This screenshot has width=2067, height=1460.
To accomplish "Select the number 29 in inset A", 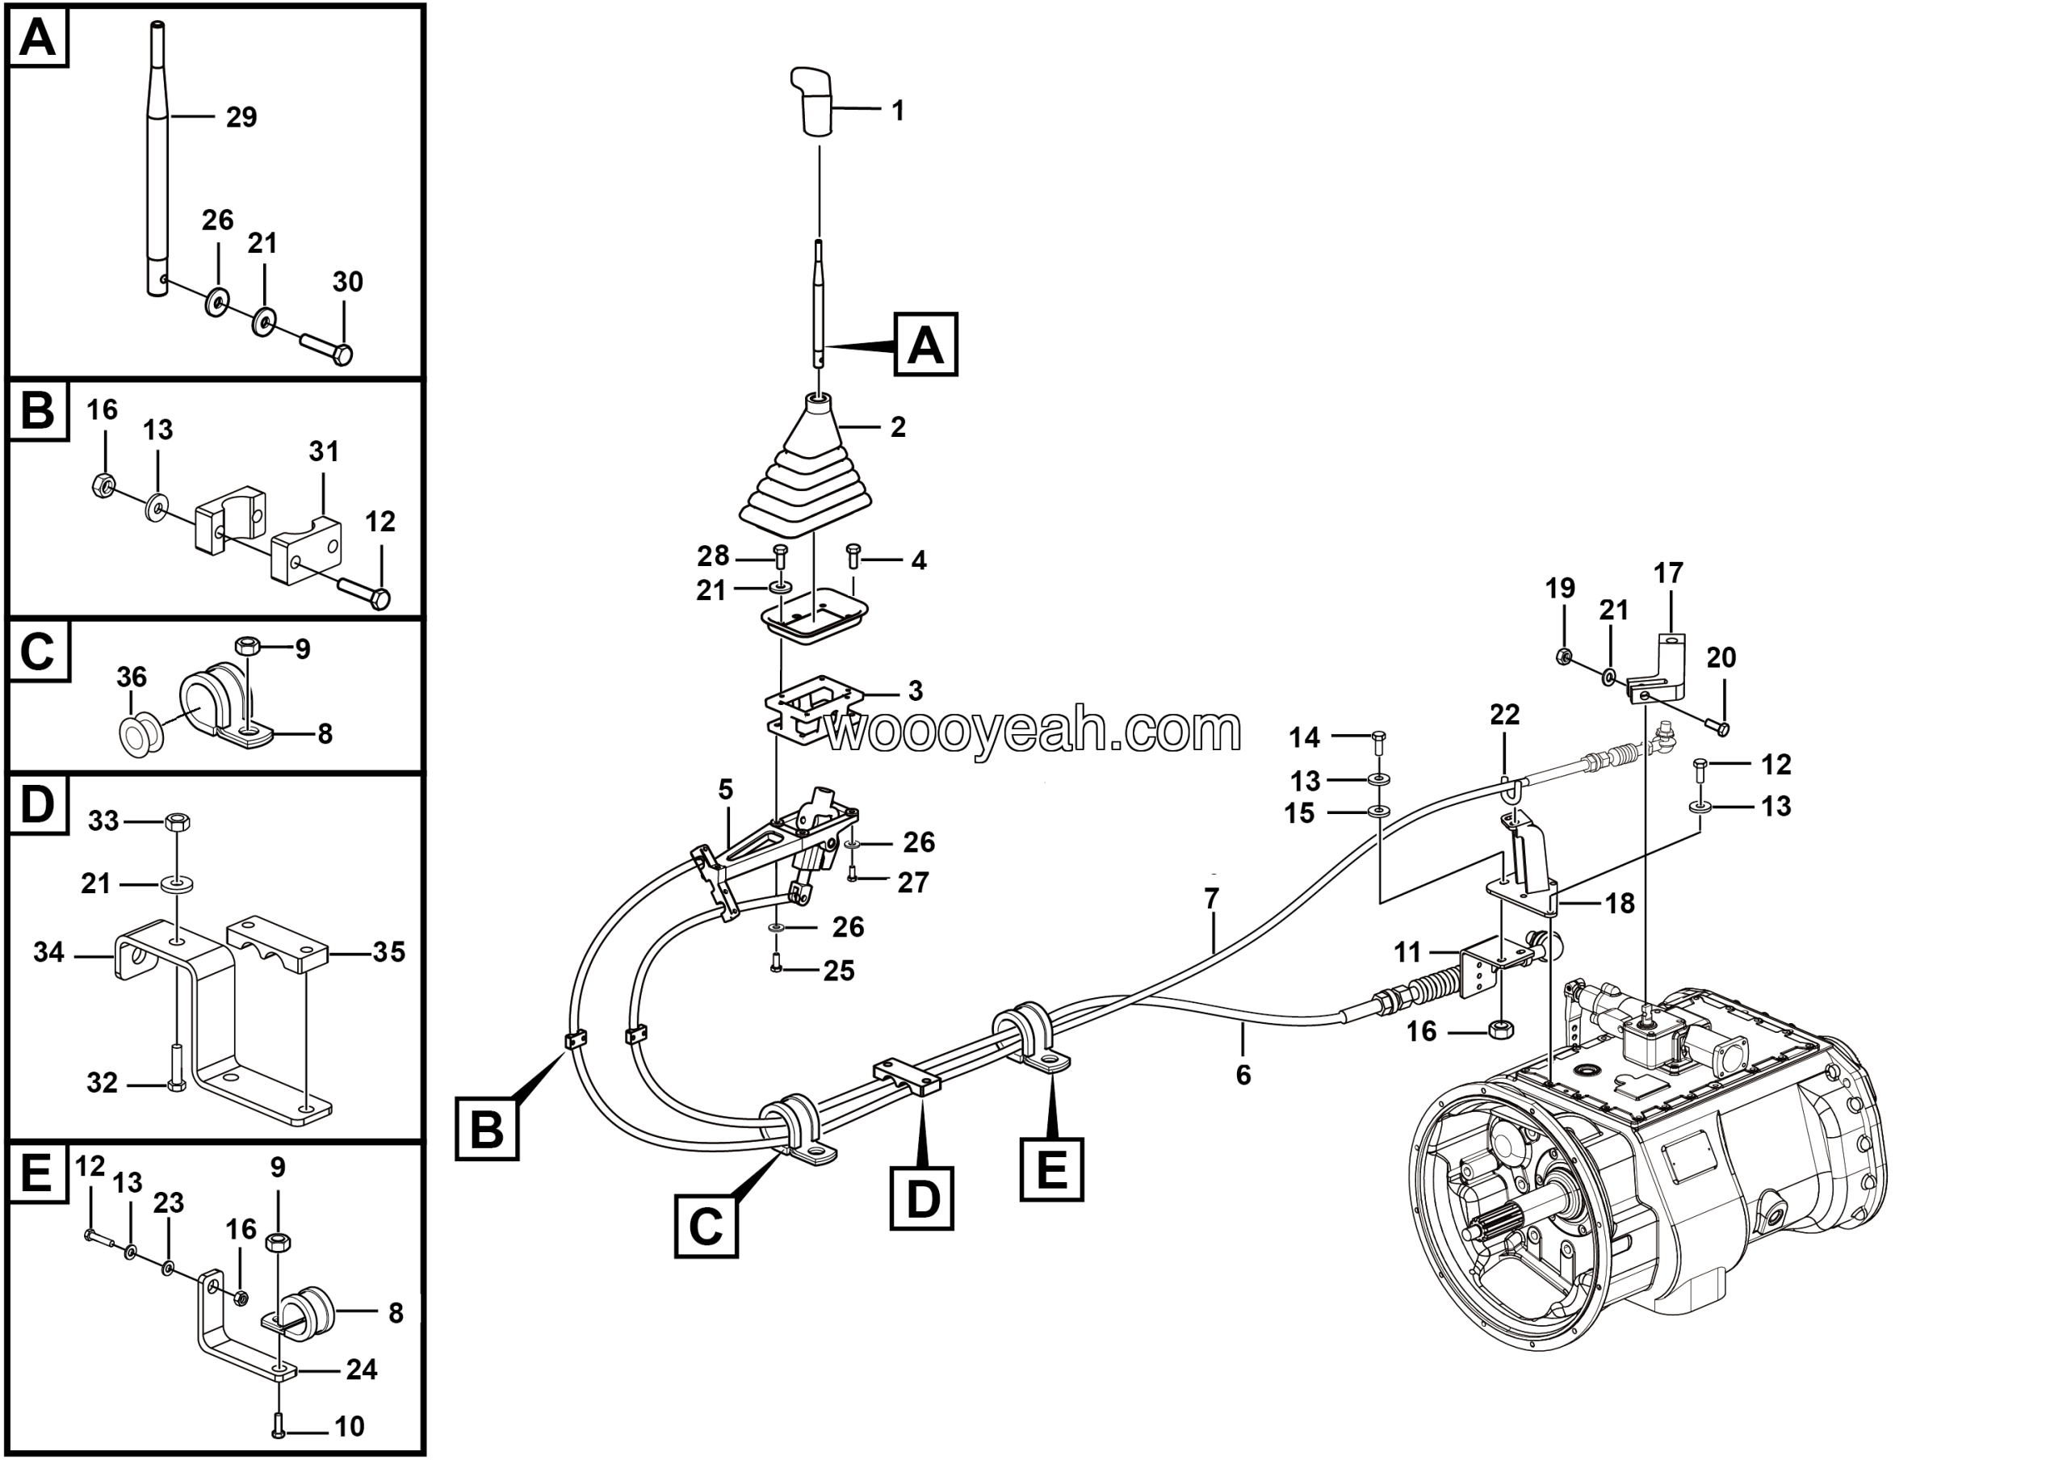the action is [241, 117].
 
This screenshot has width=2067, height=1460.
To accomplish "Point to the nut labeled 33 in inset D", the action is [178, 821].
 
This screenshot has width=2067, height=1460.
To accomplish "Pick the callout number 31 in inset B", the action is [324, 451].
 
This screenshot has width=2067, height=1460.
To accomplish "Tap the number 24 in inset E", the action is [362, 1369].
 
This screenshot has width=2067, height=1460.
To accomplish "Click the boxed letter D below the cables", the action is [922, 1198].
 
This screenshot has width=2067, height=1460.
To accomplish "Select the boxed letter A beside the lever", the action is [925, 344].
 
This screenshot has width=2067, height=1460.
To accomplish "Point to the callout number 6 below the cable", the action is [1243, 1075].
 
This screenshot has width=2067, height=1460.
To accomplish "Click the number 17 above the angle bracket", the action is [1668, 573].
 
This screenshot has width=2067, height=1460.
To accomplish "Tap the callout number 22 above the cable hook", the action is [1504, 715].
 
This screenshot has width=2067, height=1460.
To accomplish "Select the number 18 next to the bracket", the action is [1620, 904].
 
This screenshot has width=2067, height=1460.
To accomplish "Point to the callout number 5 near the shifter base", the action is [726, 790].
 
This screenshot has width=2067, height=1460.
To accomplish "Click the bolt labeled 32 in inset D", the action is [175, 1068].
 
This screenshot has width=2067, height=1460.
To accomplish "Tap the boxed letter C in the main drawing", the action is [706, 1225].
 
